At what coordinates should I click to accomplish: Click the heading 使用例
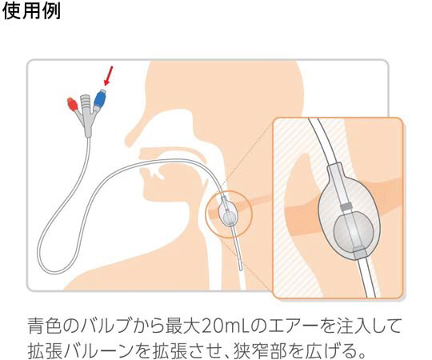point(31,11)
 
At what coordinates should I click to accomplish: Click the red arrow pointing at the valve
point(108,75)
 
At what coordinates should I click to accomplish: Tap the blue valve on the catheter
point(100,98)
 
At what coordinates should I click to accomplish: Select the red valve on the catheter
point(73,104)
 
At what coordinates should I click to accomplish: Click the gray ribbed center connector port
point(85,102)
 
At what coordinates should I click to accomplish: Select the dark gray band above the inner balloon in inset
point(346,206)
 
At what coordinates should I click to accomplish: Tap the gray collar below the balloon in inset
point(359,253)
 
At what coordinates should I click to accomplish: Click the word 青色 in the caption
point(44,326)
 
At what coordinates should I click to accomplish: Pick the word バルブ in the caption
point(106,326)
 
